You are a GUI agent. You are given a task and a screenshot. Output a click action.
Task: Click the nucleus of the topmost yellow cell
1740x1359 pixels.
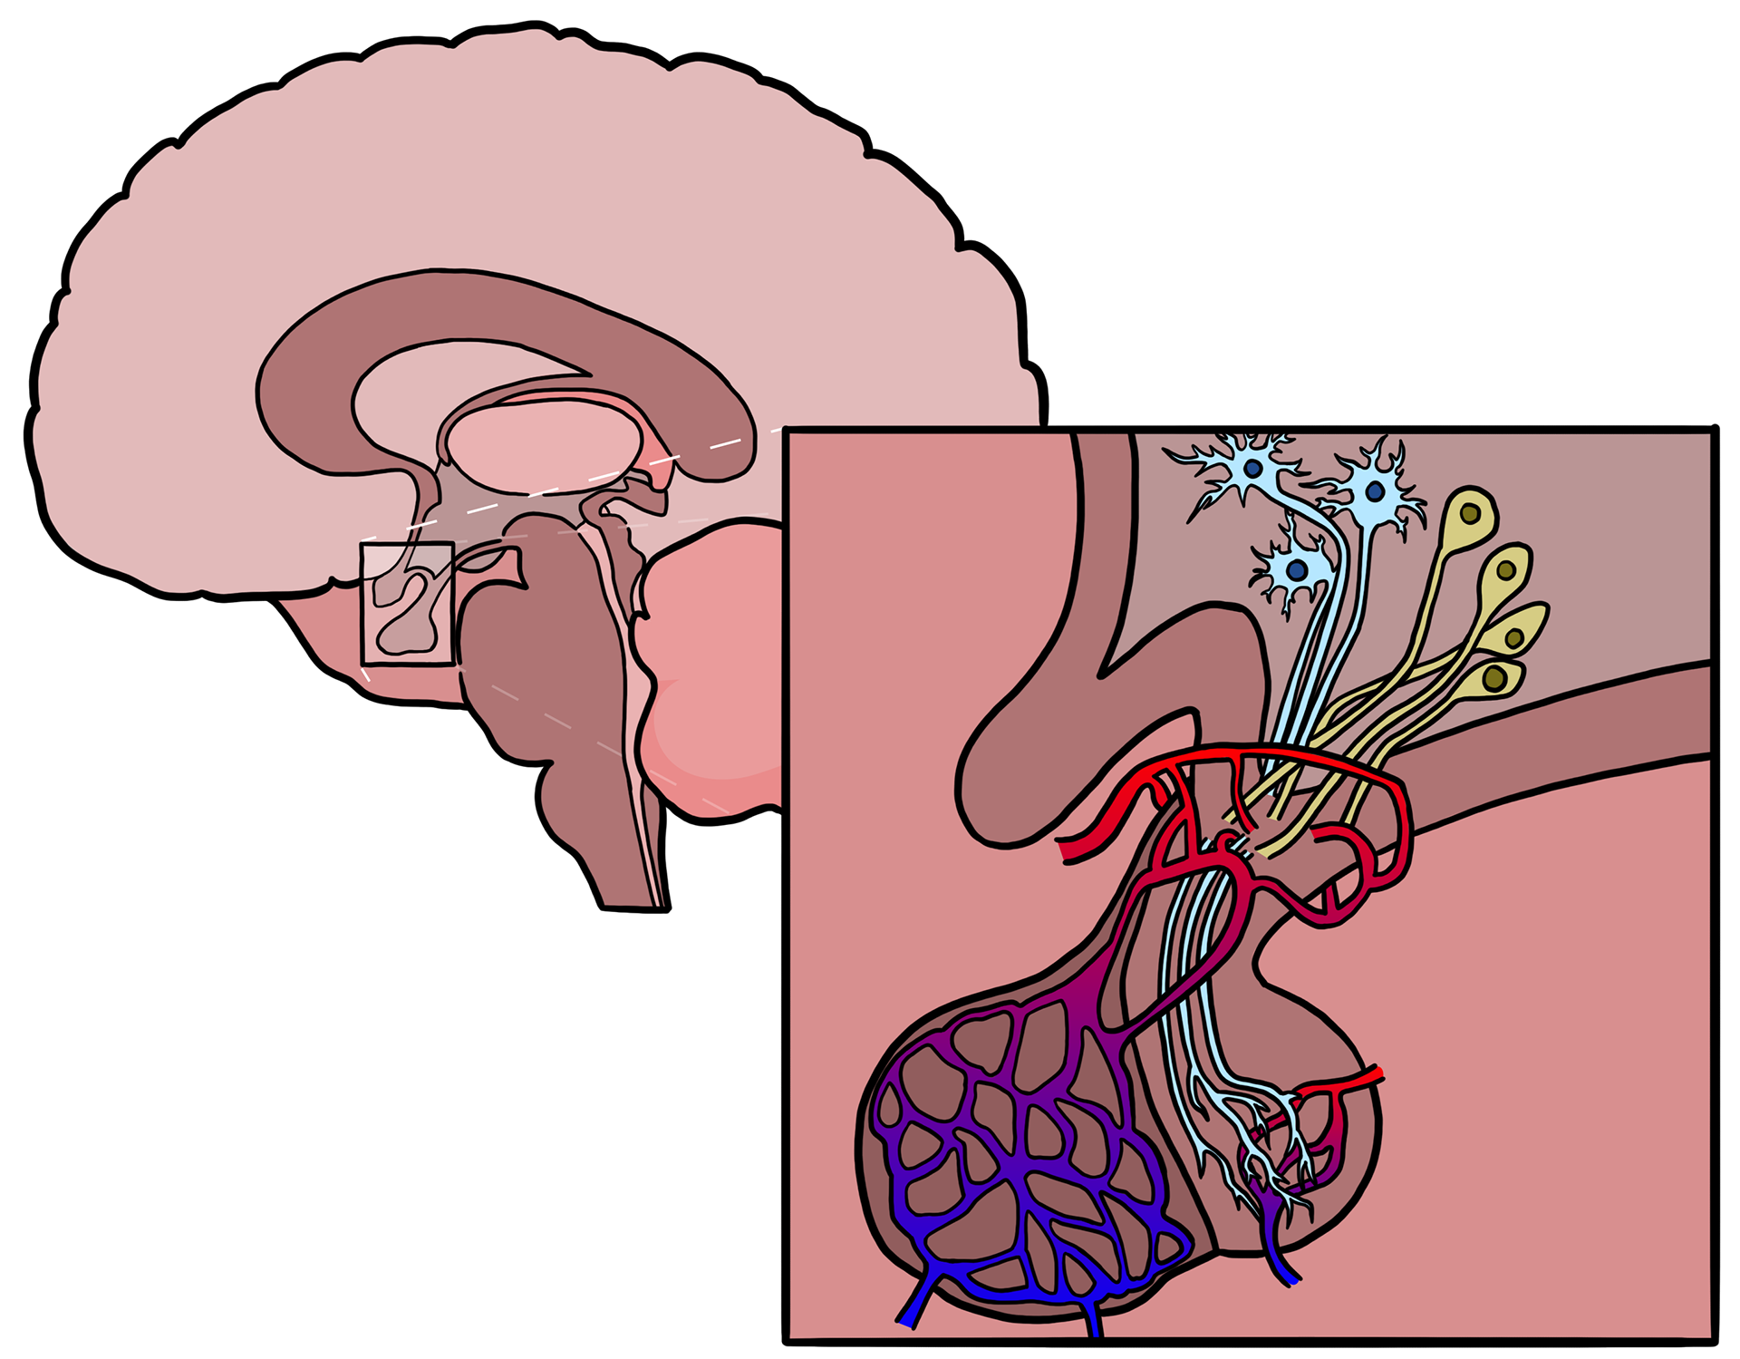(1470, 515)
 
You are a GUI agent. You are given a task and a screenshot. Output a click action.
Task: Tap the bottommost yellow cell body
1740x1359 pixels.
(1495, 678)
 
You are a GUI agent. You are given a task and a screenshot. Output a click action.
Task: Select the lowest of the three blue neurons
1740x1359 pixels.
(1297, 570)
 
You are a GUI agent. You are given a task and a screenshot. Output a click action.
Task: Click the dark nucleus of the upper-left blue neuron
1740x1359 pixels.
(1253, 469)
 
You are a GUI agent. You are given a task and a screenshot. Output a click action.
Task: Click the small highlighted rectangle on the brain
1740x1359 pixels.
(407, 603)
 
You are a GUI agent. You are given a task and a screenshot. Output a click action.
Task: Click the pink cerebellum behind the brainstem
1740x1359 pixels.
(716, 662)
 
